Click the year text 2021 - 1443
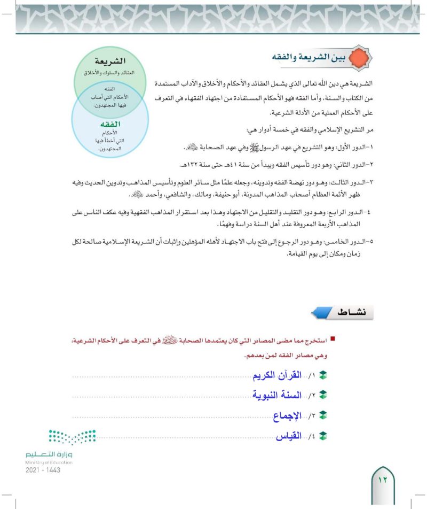tap(43, 470)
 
